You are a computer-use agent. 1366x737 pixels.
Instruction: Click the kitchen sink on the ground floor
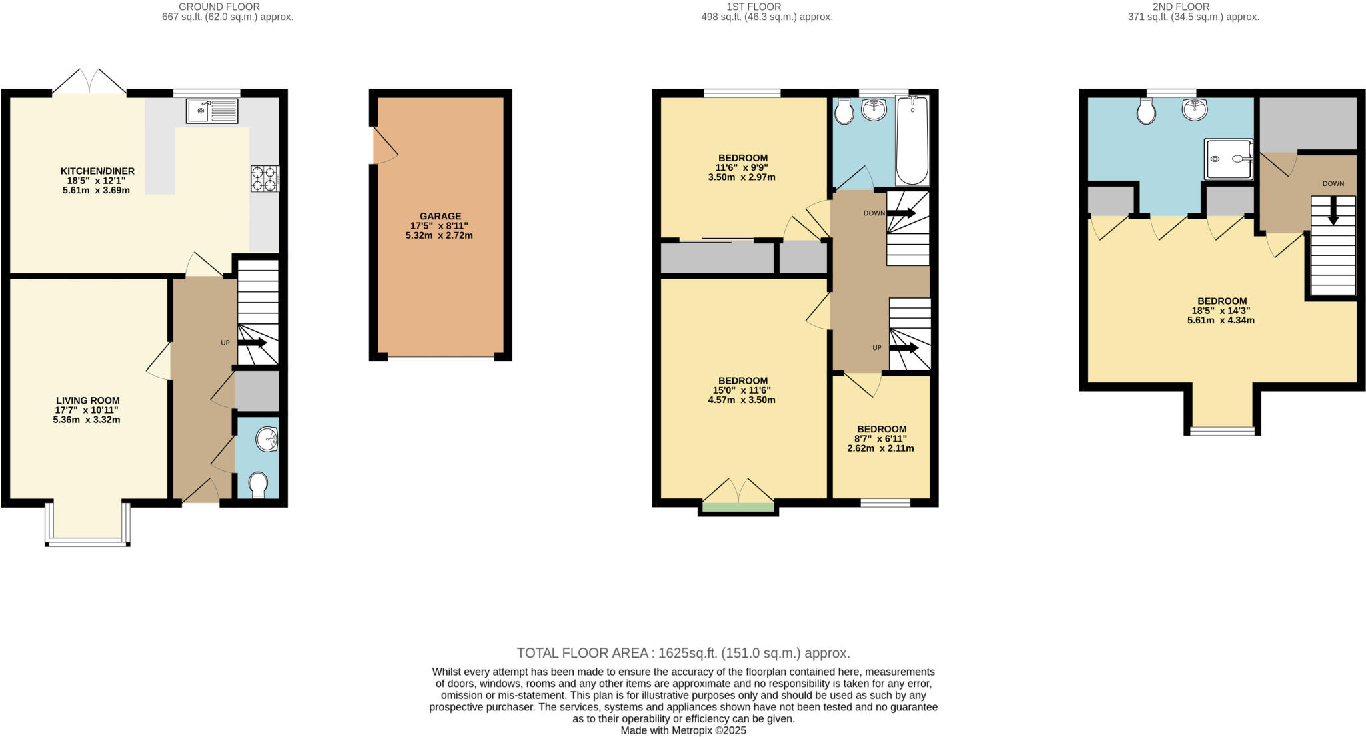[x=212, y=111]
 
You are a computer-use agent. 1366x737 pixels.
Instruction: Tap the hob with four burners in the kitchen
[x=265, y=179]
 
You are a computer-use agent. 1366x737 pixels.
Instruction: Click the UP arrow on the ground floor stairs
[x=253, y=343]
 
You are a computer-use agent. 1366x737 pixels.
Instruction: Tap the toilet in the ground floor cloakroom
[x=257, y=484]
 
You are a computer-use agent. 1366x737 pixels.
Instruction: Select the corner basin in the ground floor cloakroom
[x=269, y=439]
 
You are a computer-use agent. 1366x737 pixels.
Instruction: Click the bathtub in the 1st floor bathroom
[x=912, y=140]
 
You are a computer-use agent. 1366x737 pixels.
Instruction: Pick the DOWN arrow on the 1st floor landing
[x=900, y=213]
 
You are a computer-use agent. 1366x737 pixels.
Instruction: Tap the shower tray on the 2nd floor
[x=1228, y=159]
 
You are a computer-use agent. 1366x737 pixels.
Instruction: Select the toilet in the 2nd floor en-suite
[x=1146, y=111]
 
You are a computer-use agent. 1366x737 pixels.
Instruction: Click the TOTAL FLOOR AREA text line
[x=683, y=653]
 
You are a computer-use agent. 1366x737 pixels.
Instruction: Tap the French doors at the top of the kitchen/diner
[x=89, y=81]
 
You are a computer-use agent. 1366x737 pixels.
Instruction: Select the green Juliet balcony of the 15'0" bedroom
[x=738, y=507]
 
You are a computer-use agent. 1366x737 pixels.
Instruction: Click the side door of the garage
[x=384, y=145]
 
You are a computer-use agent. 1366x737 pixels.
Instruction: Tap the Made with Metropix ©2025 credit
[x=683, y=730]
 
